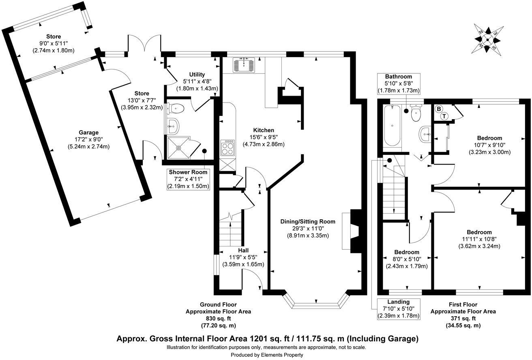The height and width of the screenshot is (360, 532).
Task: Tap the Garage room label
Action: (89, 133)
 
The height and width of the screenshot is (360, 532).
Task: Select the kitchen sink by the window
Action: (244, 64)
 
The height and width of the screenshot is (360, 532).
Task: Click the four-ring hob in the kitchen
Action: (227, 148)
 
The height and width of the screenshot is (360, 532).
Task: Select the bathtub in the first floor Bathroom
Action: (392, 126)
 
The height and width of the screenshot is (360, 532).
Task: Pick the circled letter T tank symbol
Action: (444, 116)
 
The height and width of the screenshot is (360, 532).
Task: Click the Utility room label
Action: (197, 75)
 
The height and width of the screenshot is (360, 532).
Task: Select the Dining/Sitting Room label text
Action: (308, 221)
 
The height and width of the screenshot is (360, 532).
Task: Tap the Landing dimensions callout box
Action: (398, 309)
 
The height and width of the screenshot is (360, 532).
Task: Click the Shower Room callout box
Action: (188, 179)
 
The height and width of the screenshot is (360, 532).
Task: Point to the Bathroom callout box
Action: (398, 84)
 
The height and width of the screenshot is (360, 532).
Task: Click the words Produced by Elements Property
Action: (267, 355)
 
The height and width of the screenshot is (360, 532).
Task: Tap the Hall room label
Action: (243, 250)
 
